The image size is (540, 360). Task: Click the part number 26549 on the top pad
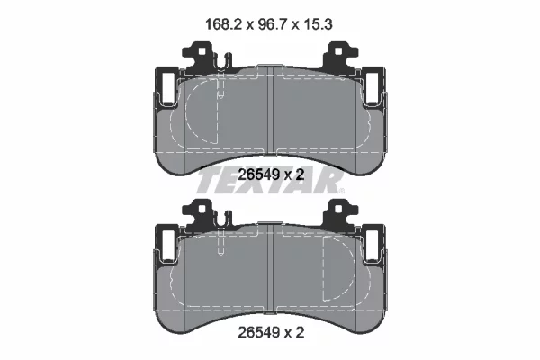[258, 175]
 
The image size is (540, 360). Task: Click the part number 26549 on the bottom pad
[258, 332]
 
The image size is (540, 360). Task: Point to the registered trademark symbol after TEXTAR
[341, 191]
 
